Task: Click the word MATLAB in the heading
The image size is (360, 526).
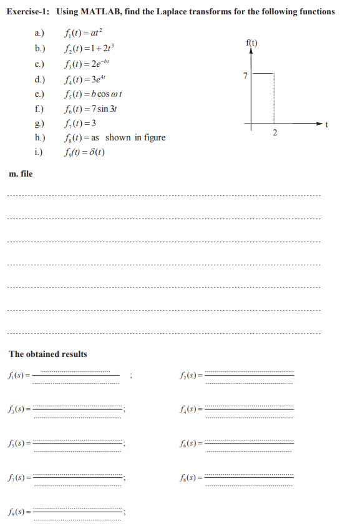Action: point(100,12)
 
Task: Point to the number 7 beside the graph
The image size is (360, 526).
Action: point(245,76)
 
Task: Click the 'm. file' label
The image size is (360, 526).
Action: point(21,173)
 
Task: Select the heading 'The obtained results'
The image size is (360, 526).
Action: point(48,354)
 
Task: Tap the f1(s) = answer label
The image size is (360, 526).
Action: point(20,376)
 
